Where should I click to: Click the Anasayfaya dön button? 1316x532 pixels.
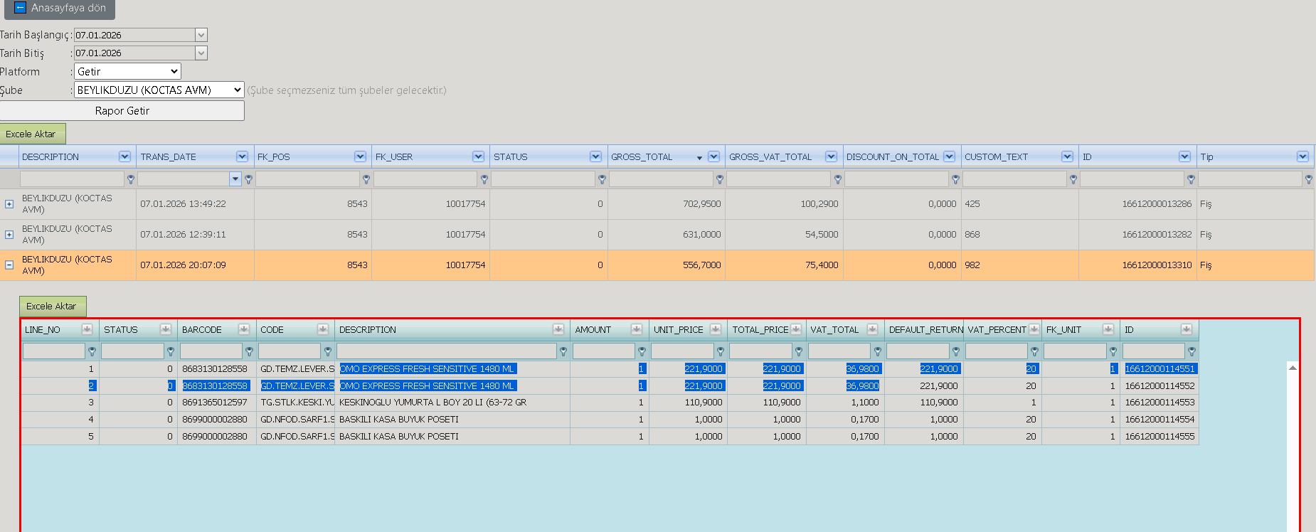coord(60,9)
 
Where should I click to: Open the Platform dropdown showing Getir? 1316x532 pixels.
coord(127,71)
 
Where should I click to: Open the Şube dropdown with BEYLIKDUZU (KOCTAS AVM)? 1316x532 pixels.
coord(159,90)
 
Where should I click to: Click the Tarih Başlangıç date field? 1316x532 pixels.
coord(140,35)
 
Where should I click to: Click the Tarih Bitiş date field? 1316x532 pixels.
coord(140,53)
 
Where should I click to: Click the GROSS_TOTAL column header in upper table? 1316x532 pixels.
coord(642,156)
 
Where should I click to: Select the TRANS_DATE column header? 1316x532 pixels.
coord(169,156)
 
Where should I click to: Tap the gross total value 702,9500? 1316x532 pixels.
coord(701,203)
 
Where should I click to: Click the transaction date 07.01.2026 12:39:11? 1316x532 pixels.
coord(183,234)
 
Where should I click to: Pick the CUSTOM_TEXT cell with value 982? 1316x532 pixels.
coord(972,265)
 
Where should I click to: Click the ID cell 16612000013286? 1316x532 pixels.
coord(1157,203)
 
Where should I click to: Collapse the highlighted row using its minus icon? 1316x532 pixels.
coord(9,265)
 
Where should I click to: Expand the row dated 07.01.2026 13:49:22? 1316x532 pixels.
coord(9,203)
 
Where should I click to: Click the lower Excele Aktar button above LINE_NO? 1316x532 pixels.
coord(53,306)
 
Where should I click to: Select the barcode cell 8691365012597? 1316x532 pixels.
coord(214,402)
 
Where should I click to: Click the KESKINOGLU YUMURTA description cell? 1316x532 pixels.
coord(433,402)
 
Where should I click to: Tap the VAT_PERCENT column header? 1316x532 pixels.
coord(997,329)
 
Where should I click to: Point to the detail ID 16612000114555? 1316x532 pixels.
coord(1160,436)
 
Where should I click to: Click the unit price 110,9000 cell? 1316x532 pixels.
coord(703,402)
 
